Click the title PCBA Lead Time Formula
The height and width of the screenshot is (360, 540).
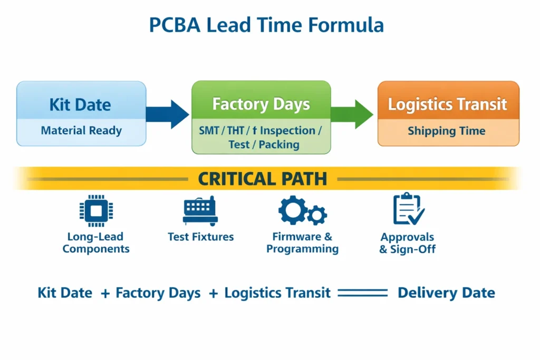pyautogui.click(x=266, y=25)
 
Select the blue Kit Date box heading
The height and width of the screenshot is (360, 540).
pyautogui.click(x=80, y=104)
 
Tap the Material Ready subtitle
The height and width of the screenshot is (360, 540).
pyautogui.click(x=81, y=131)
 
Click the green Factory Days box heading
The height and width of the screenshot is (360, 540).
pyautogui.click(x=261, y=104)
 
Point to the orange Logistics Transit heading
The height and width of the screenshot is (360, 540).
pyautogui.click(x=448, y=104)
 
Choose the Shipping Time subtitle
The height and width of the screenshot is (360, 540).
pyautogui.click(x=447, y=131)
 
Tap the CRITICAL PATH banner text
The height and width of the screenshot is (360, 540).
pyautogui.click(x=262, y=179)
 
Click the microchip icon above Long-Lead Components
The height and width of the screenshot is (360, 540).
pyautogui.click(x=96, y=211)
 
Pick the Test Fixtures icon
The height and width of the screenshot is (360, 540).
pyautogui.click(x=200, y=211)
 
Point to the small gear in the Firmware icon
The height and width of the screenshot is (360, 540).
pyautogui.click(x=316, y=215)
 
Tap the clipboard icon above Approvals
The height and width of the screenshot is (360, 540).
pyautogui.click(x=408, y=209)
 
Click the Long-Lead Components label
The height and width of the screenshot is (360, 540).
pyautogui.click(x=96, y=243)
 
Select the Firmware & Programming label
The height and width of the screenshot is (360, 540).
pyautogui.click(x=302, y=243)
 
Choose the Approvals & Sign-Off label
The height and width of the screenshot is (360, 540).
pyautogui.click(x=408, y=243)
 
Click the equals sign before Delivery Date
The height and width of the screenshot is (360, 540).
pyautogui.click(x=362, y=293)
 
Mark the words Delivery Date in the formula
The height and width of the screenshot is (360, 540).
pyautogui.click(x=446, y=293)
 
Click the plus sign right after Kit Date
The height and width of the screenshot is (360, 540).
pyautogui.click(x=105, y=293)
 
